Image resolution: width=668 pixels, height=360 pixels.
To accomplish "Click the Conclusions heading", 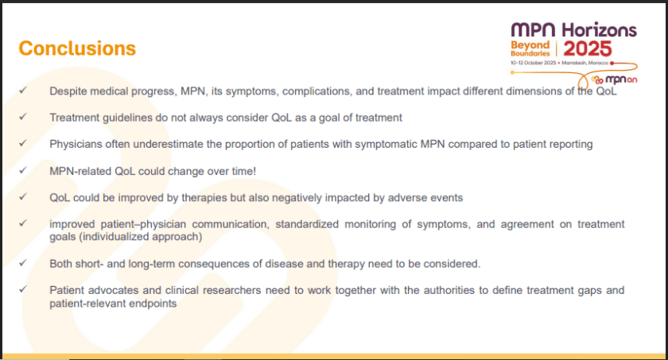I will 77,48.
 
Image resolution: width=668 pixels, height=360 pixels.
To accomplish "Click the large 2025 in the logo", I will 588,47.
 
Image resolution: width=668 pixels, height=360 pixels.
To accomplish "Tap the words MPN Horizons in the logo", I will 573,29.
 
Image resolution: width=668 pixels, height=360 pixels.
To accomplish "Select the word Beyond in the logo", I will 530,45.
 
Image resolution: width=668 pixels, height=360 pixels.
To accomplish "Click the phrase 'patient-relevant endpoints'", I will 112,303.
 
